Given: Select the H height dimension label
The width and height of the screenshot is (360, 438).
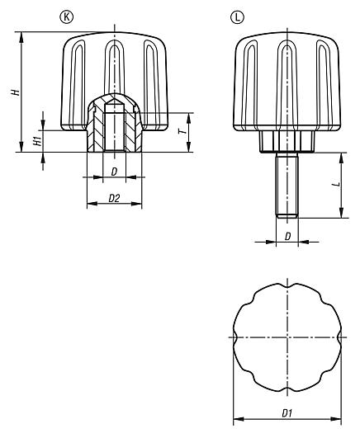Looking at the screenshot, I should (x=15, y=92).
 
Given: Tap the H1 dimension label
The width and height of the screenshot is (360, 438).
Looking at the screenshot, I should (x=38, y=141).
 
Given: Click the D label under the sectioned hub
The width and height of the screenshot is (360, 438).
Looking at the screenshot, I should (x=114, y=172).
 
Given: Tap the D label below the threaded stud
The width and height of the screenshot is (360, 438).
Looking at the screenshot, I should (x=287, y=237).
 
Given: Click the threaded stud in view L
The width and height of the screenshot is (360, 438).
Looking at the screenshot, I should (x=287, y=185).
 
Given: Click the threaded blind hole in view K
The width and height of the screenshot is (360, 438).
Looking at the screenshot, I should (x=114, y=128).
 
